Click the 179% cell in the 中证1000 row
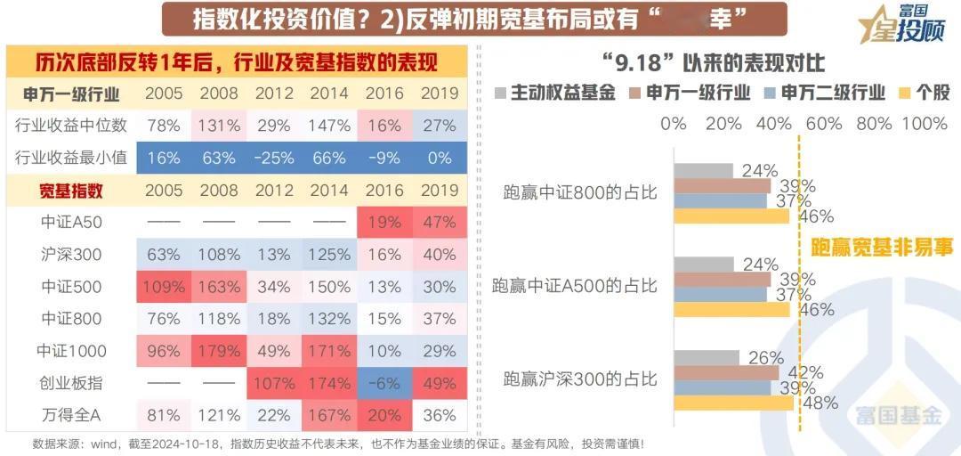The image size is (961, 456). point(218,351)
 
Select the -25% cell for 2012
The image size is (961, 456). point(273,158)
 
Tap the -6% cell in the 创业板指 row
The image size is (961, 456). point(384,383)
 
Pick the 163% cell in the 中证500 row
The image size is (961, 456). point(218,287)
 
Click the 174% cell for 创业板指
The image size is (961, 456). point(329,383)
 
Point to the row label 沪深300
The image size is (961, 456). point(72,255)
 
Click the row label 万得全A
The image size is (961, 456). point(72,415)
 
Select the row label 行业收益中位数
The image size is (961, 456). point(72,126)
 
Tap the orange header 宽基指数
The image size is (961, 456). point(72,190)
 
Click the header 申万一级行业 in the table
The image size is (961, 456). point(72,94)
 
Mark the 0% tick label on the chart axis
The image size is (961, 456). point(674,124)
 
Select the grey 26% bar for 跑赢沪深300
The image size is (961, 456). point(706,357)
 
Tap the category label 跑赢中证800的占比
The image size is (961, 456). point(580,191)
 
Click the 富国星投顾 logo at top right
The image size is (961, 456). point(903,24)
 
